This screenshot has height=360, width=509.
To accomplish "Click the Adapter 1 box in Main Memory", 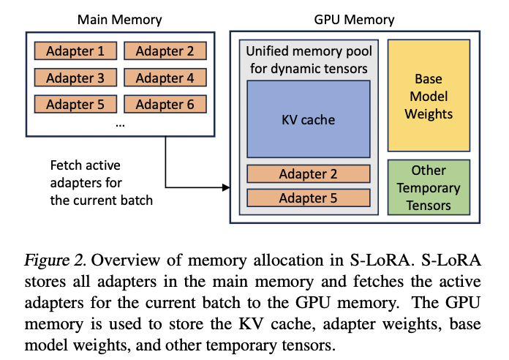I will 75,51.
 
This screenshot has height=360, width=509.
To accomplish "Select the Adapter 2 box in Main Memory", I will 165,51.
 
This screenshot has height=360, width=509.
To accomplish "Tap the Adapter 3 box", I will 75,78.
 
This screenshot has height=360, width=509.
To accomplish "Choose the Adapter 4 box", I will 165,78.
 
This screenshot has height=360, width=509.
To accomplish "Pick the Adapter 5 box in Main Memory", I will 75,105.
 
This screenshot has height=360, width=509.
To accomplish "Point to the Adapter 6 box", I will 165,105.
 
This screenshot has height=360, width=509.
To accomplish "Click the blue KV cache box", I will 308,119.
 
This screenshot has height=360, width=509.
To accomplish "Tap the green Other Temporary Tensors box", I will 429,188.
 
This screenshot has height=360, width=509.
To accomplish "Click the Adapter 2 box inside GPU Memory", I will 308,174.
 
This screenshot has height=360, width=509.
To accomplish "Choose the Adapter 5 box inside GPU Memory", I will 308,198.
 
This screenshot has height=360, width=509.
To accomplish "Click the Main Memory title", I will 120,20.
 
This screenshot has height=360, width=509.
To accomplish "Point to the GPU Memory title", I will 355,20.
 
